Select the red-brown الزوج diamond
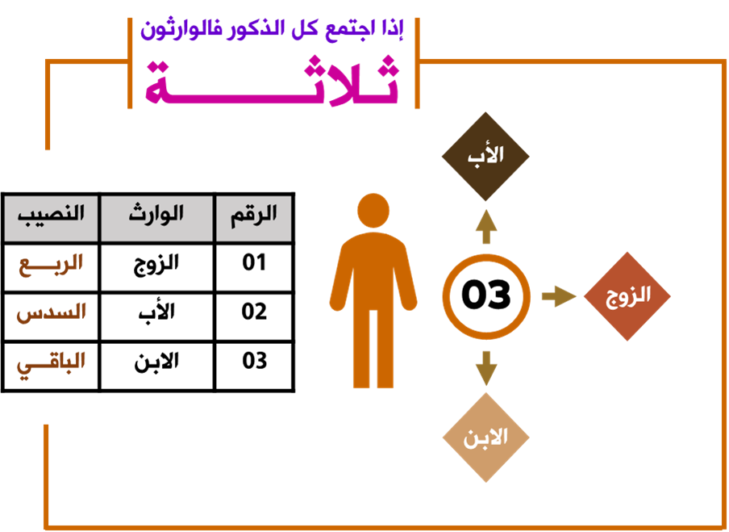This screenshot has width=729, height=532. (x=627, y=296)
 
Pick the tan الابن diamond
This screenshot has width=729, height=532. (x=485, y=438)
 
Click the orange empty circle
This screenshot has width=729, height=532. (x=485, y=296)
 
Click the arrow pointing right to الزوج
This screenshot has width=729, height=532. (x=558, y=296)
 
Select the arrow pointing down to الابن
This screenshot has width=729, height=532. (x=485, y=367)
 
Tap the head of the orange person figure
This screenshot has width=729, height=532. (x=373, y=211)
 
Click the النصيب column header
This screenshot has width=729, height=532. (x=51, y=216)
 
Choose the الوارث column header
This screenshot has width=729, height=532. (x=156, y=216)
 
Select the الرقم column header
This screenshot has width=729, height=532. (x=253, y=216)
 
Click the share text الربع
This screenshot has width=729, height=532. (x=51, y=263)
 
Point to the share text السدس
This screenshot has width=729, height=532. (x=51, y=312)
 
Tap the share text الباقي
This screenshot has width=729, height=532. (x=51, y=362)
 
